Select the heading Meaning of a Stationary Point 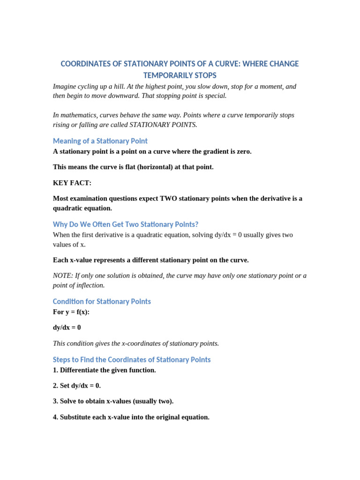[x=100, y=141]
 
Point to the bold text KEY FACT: [x=72, y=183]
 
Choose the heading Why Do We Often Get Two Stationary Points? [x=126, y=225]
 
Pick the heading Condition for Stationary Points [x=102, y=301]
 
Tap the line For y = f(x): [x=71, y=312]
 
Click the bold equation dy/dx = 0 [x=67, y=328]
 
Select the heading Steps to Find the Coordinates [x=132, y=360]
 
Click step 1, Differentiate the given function [x=105, y=370]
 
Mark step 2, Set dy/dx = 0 [x=77, y=386]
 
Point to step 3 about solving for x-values [x=113, y=401]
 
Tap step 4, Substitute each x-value [x=131, y=417]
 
